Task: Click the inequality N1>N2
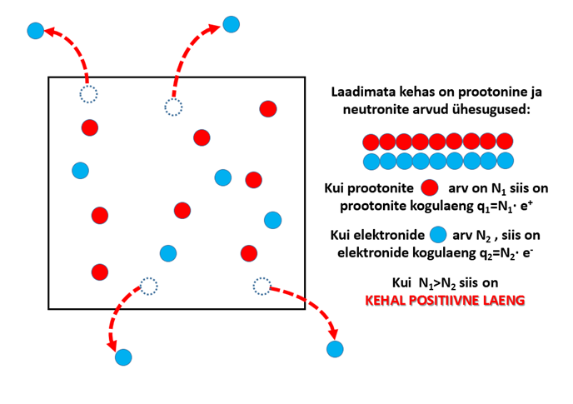click(437, 283)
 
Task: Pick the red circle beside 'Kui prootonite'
click(430, 187)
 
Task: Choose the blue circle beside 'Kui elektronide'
click(438, 234)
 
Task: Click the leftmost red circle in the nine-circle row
click(371, 142)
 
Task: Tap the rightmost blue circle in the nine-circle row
click(505, 161)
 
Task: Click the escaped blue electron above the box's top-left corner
click(36, 31)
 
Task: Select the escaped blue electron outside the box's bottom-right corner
click(335, 349)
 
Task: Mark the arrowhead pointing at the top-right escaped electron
click(214, 28)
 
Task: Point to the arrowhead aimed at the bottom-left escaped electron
click(112, 345)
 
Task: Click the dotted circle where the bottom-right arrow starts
click(262, 287)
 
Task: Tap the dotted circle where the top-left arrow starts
click(88, 94)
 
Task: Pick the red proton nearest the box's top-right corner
click(268, 109)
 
